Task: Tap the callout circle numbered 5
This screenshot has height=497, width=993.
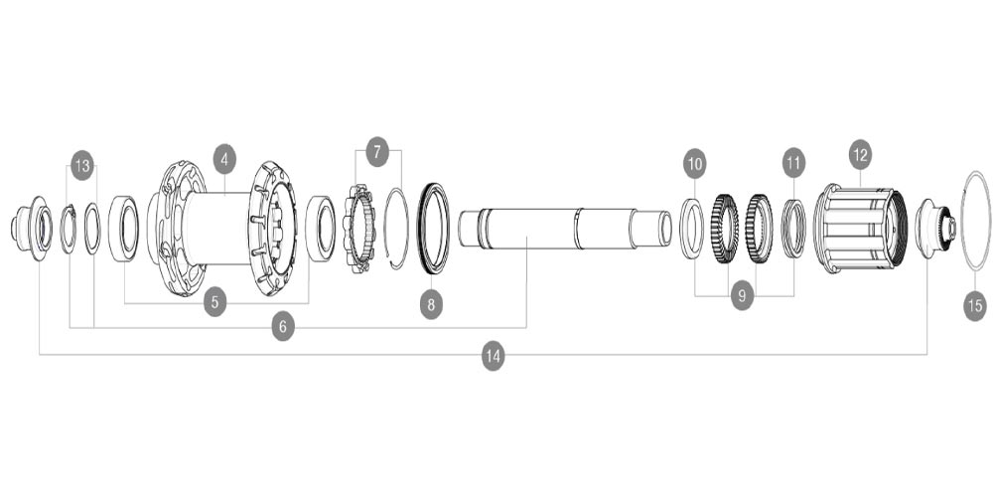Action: point(214,303)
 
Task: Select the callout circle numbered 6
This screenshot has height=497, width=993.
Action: point(283,326)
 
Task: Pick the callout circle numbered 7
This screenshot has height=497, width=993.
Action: point(377,152)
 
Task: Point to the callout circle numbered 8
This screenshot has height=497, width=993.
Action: point(430,305)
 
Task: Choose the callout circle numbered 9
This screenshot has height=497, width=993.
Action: point(743,295)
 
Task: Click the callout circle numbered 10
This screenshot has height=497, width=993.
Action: point(694,162)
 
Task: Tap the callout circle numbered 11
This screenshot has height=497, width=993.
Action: point(792,162)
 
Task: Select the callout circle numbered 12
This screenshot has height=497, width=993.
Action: point(859,154)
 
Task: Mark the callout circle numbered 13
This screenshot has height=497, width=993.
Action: point(81,166)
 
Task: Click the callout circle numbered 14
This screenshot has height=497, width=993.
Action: point(493,355)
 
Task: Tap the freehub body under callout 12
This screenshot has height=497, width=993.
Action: point(860,228)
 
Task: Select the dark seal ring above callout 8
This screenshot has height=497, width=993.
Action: point(433,228)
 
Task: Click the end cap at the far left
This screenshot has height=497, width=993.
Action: point(31,227)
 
